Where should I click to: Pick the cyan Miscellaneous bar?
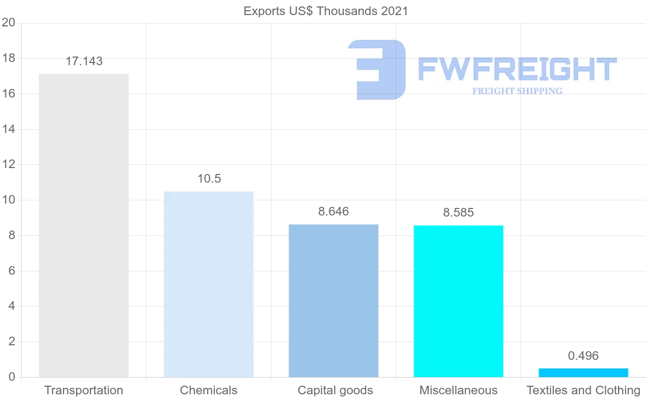(x=458, y=301)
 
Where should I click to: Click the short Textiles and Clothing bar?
(x=583, y=373)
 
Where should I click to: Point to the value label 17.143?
(x=84, y=61)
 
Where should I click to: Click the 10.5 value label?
(x=209, y=179)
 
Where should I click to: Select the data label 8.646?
(x=333, y=212)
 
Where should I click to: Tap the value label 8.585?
(x=458, y=213)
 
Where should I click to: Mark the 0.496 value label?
(x=583, y=356)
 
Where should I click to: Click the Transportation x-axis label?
(x=83, y=391)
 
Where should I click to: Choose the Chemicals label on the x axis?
(x=208, y=391)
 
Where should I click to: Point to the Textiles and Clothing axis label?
(x=583, y=391)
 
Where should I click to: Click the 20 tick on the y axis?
(x=8, y=23)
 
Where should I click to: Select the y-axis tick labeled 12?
(x=8, y=165)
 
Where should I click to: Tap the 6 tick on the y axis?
(x=11, y=271)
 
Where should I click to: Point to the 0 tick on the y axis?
(x=11, y=377)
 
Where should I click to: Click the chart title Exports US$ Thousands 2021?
(x=326, y=11)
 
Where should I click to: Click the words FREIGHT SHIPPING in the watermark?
(x=517, y=91)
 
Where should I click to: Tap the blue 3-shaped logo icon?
(x=377, y=69)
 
